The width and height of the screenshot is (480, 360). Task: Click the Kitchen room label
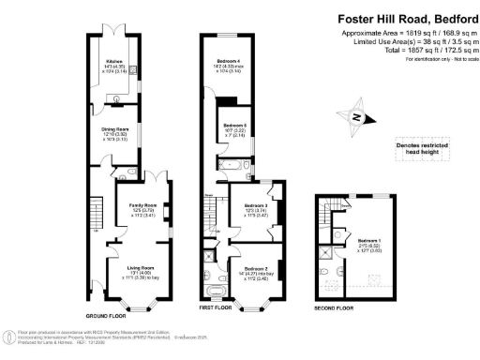116,67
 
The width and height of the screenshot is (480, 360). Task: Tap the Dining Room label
116,131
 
